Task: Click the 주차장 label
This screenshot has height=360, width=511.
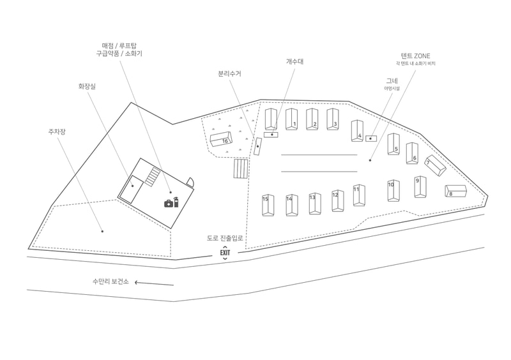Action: click(x=57, y=132)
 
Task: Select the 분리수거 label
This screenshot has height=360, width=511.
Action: click(x=229, y=73)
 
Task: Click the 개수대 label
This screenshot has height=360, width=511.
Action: click(x=294, y=61)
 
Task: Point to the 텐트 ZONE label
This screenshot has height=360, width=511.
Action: click(x=415, y=56)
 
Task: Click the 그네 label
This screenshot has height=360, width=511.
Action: click(x=392, y=80)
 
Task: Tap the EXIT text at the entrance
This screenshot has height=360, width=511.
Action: click(x=225, y=253)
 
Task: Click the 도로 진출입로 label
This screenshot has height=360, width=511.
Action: click(x=225, y=238)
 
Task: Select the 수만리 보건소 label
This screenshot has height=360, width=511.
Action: click(x=111, y=281)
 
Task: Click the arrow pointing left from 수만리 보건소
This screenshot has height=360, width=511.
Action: click(x=154, y=283)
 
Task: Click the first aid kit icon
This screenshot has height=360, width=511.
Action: click(x=169, y=203)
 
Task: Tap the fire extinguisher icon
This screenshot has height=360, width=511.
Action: click(x=176, y=202)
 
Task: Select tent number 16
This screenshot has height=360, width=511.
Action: click(x=222, y=140)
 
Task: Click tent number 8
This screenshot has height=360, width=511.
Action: click(x=456, y=191)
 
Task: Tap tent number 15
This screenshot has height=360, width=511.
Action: click(x=268, y=204)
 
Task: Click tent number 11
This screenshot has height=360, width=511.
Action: click(x=359, y=195)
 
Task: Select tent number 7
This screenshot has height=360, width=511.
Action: click(x=436, y=166)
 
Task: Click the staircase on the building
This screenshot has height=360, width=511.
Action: click(x=151, y=176)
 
